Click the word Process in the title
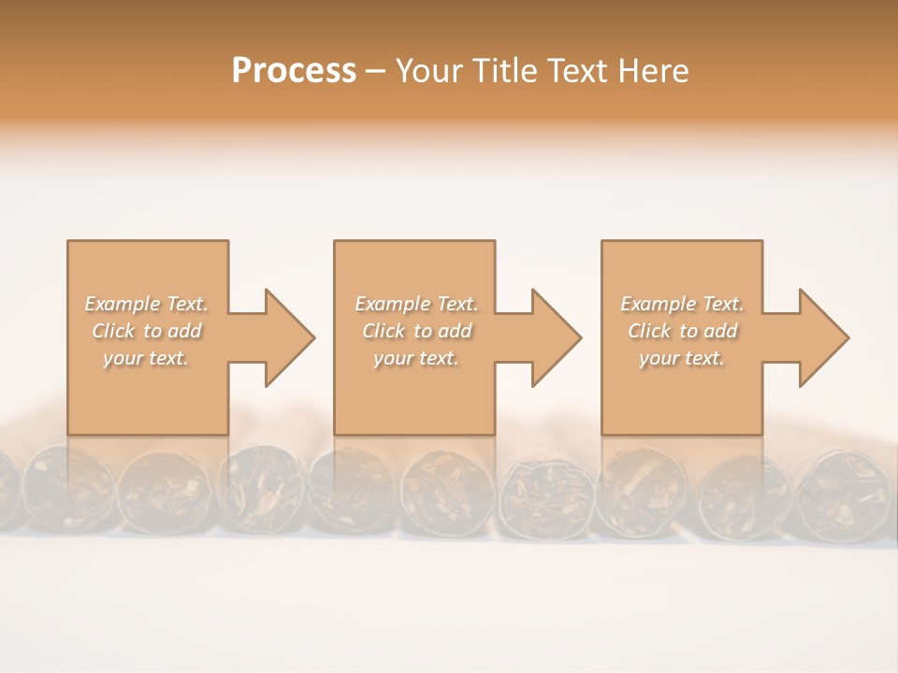click(294, 71)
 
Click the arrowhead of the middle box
click(556, 337)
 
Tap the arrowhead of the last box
click(823, 337)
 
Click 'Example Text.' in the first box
click(146, 304)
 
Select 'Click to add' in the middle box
click(416, 331)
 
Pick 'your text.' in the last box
click(682, 358)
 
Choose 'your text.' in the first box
click(146, 358)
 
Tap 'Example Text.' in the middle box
click(416, 304)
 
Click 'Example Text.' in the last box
click(682, 304)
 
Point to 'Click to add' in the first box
click(146, 331)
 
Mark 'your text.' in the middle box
click(416, 358)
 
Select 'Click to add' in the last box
click(682, 331)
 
